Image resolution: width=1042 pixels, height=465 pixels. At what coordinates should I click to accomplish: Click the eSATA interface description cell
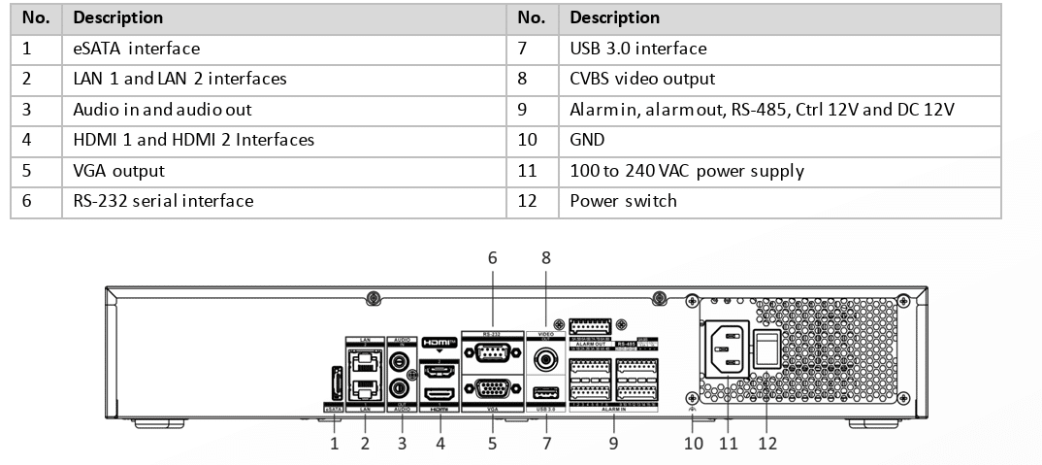tap(136, 48)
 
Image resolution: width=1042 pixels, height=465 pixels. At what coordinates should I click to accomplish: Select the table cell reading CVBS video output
tap(642, 79)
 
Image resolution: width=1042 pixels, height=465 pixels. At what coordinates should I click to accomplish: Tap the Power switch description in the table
tap(623, 201)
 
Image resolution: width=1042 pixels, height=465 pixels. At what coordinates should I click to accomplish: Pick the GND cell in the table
tap(587, 140)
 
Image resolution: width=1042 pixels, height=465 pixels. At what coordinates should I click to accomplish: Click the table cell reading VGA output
tap(118, 170)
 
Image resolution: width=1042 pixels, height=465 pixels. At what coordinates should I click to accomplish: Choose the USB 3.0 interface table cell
tap(637, 48)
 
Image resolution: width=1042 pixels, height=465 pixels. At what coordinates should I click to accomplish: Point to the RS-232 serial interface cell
tap(163, 201)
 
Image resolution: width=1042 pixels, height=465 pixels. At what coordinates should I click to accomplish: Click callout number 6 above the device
tap(492, 258)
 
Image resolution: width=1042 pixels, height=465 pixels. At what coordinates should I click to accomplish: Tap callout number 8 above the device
tap(546, 258)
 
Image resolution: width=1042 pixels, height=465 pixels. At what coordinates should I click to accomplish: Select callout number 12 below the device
tap(766, 444)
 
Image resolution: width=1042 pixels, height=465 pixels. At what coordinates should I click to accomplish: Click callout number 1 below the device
tap(334, 444)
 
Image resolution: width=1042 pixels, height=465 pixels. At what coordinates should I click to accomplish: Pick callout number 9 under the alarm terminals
tap(612, 444)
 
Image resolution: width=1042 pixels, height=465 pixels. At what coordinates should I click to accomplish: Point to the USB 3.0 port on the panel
tap(545, 393)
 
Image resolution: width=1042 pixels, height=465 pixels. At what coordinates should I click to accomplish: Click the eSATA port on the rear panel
tap(334, 383)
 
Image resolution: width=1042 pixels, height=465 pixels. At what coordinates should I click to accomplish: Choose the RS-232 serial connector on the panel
tap(492, 353)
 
